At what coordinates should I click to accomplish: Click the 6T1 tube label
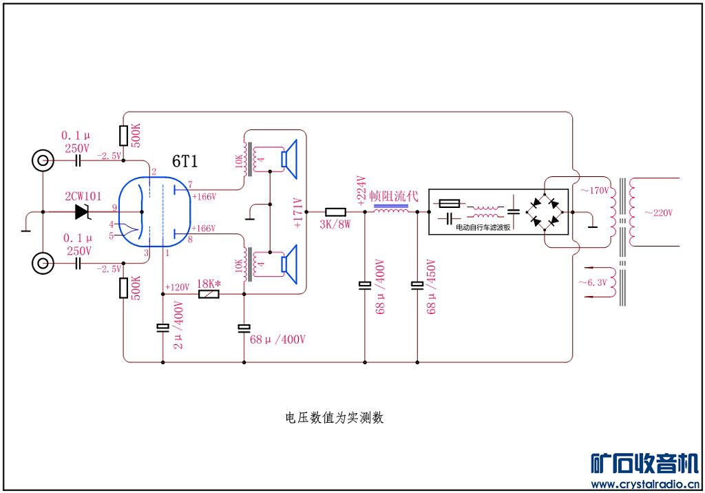click(x=185, y=162)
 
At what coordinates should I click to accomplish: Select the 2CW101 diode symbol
click(x=84, y=212)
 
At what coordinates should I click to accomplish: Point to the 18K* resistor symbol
click(x=209, y=294)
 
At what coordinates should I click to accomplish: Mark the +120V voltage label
click(x=178, y=286)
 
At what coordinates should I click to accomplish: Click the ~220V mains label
click(x=658, y=212)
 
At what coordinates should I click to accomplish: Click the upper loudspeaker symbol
click(x=288, y=158)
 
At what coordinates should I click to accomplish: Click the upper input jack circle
click(x=43, y=161)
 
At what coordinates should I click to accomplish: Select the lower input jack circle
click(x=43, y=263)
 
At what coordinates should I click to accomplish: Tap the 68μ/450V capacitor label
click(x=432, y=286)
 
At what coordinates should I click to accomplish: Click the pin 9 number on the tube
click(x=115, y=207)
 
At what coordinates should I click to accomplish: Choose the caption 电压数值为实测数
click(x=334, y=418)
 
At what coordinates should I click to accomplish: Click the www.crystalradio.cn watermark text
click(x=644, y=484)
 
